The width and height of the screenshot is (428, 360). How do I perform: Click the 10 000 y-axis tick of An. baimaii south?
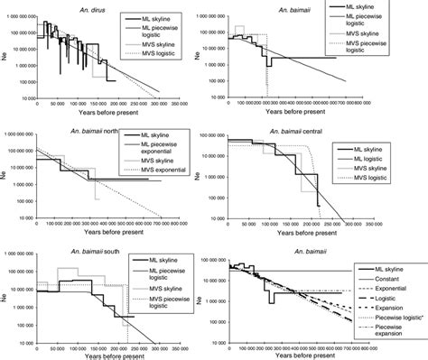pos(20,333)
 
